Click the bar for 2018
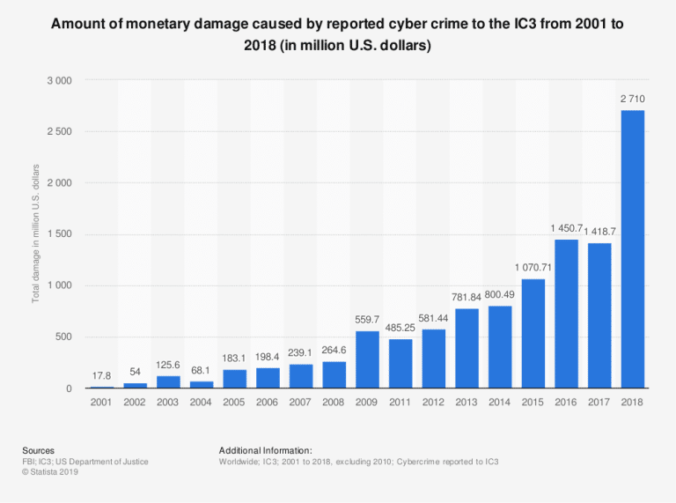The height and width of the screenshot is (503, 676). tap(632, 249)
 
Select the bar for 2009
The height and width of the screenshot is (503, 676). tap(367, 359)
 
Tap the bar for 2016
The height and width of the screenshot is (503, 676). tap(566, 314)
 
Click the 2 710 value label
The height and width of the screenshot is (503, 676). tap(632, 99)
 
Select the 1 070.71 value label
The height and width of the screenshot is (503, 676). tap(533, 267)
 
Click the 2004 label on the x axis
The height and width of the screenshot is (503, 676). tap(202, 402)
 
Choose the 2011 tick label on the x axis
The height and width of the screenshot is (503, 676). tap(400, 402)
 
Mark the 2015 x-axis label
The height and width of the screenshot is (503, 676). tap(533, 402)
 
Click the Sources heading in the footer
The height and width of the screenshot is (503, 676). tap(38, 450)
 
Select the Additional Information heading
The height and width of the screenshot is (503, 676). tap(266, 450)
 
